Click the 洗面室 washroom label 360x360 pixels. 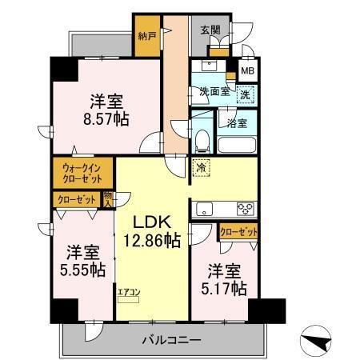[x=214, y=91]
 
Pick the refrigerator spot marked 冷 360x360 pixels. [x=200, y=170]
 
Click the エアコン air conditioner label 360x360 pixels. [x=128, y=291]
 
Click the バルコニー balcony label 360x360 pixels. [x=173, y=339]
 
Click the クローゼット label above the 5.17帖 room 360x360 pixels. [x=239, y=232]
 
